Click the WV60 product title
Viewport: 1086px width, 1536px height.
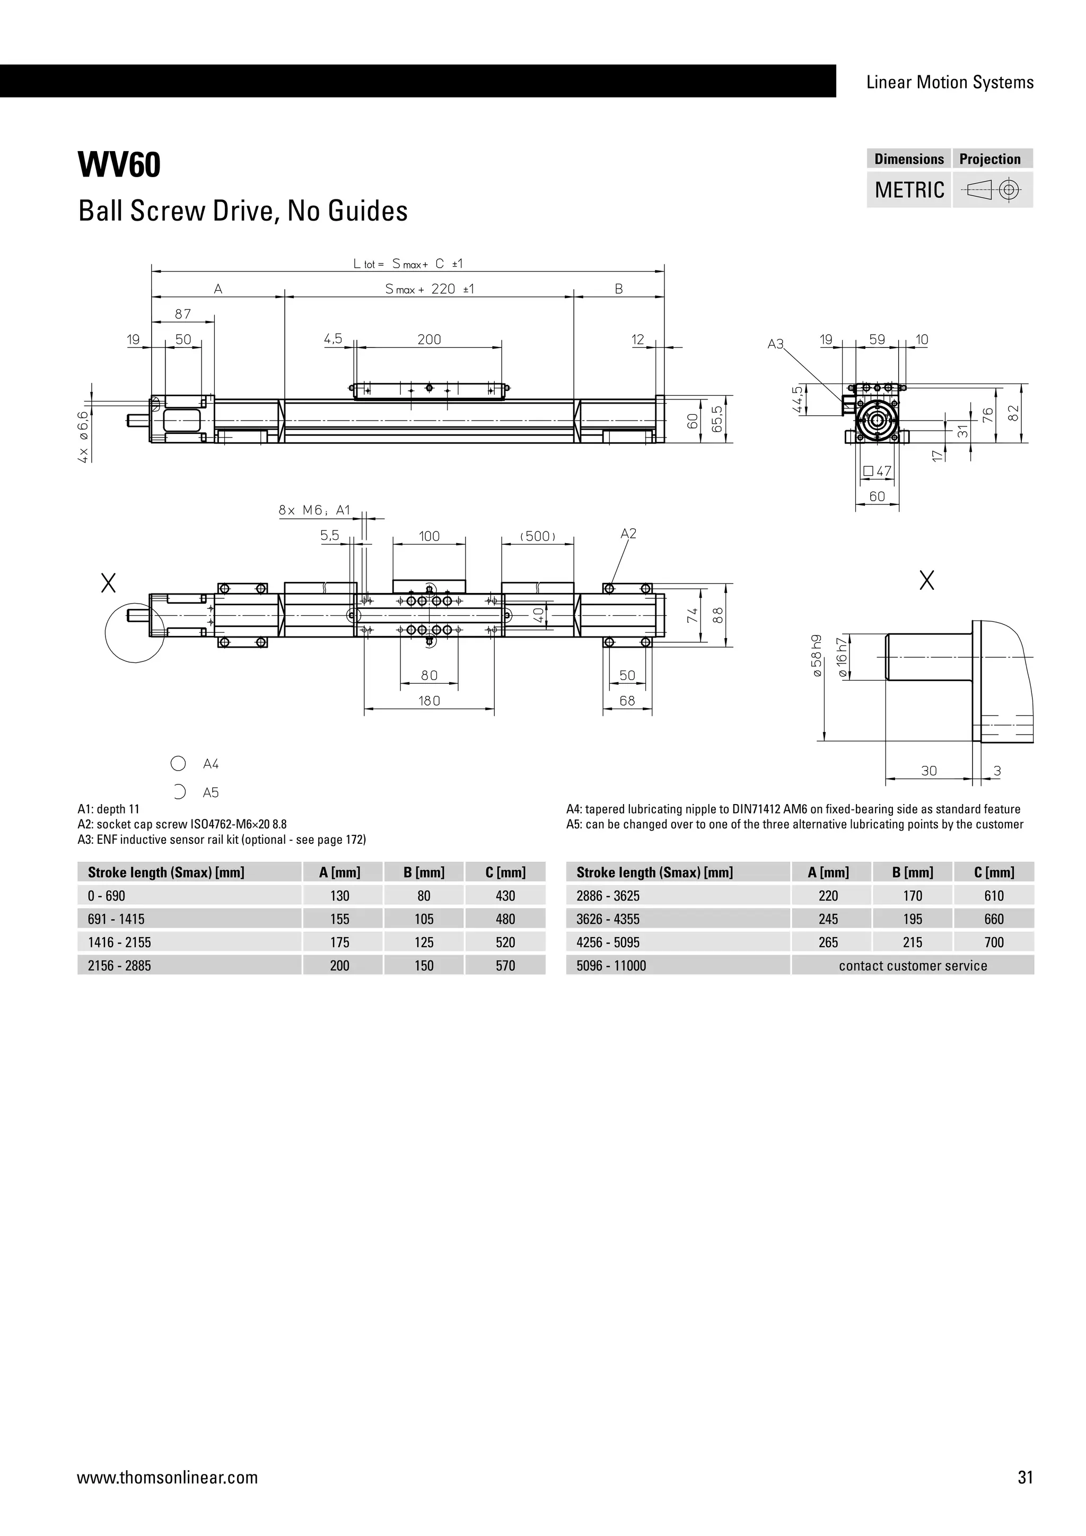click(x=120, y=165)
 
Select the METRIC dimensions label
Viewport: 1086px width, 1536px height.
click(x=909, y=190)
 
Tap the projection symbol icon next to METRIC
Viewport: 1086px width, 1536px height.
click(x=992, y=190)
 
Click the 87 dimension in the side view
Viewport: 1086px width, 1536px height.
click(x=182, y=314)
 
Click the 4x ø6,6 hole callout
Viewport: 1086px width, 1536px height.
click(x=83, y=436)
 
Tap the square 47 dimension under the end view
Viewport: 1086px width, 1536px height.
click(x=878, y=471)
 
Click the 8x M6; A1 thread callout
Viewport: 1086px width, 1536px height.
click(x=314, y=510)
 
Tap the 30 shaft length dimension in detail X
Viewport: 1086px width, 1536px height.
click(x=929, y=771)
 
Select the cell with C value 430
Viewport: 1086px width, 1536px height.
click(x=505, y=896)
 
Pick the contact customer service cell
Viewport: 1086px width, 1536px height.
click(x=912, y=965)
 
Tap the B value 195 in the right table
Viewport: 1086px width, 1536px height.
click(x=912, y=919)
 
